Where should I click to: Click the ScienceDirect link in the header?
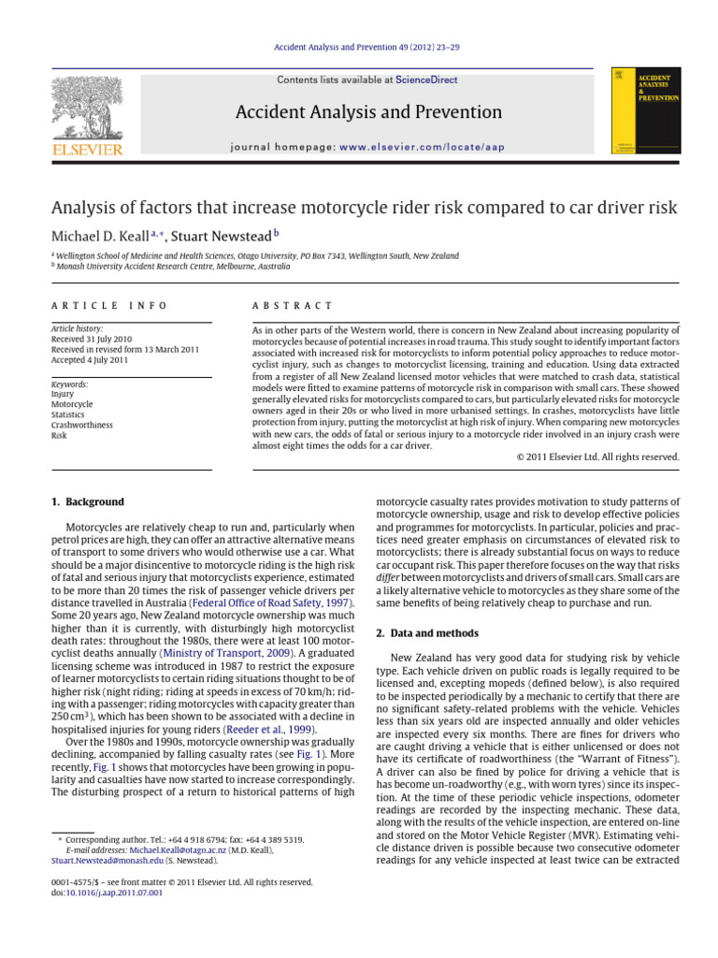(426, 80)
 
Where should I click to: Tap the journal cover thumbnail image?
(645, 110)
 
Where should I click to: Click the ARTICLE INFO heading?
(109, 306)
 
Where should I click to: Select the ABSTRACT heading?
(293, 306)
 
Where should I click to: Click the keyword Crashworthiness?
(82, 424)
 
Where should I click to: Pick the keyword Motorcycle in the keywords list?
(74, 404)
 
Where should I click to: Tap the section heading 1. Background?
(89, 502)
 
